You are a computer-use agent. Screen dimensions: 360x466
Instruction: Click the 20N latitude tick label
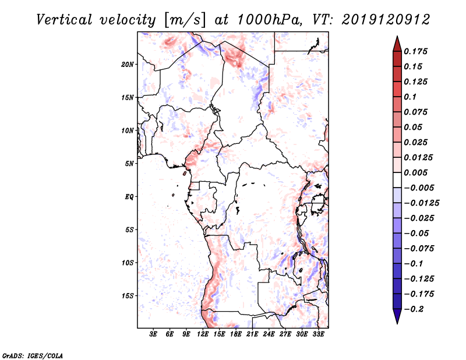click(128, 64)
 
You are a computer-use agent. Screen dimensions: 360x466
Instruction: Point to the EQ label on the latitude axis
click(129, 197)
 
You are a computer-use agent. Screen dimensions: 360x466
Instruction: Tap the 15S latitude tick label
click(128, 296)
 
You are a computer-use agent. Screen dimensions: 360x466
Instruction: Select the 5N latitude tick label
click(129, 164)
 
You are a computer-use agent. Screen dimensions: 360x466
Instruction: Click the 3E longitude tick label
click(154, 334)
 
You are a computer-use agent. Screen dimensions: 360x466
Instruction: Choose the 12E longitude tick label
click(203, 334)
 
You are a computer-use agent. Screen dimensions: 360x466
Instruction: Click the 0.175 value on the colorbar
click(417, 51)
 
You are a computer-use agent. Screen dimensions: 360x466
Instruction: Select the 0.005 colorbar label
click(417, 172)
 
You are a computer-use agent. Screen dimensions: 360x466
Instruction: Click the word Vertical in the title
click(63, 19)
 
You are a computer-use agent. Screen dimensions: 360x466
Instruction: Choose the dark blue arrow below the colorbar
click(397, 318)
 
